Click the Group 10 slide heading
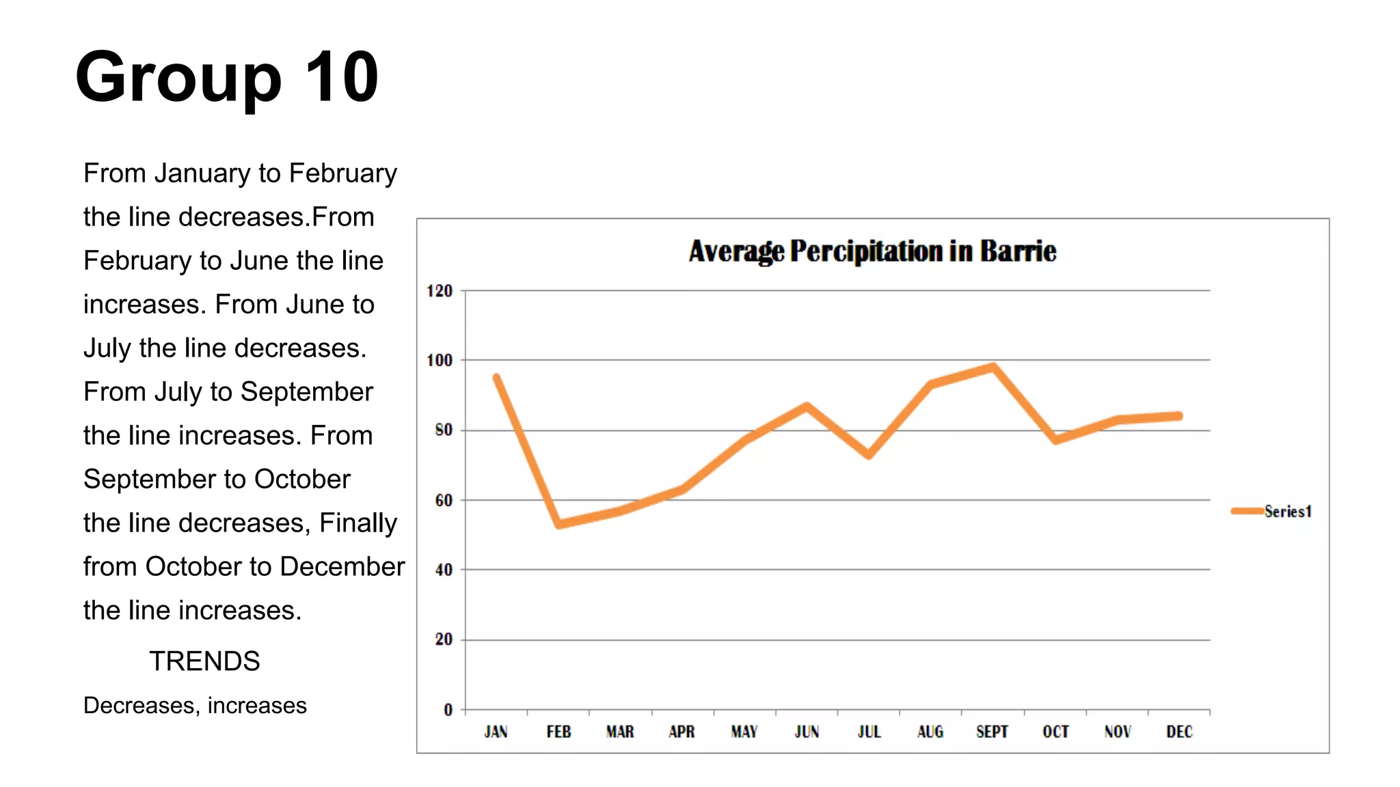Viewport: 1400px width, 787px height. click(x=227, y=77)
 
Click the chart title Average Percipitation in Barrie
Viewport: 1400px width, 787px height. click(x=872, y=251)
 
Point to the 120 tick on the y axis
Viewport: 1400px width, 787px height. click(x=440, y=291)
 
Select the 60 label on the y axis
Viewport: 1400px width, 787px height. click(x=444, y=501)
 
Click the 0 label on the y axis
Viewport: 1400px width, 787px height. click(x=448, y=710)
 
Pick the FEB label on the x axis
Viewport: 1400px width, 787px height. click(x=558, y=732)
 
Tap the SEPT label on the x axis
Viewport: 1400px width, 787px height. click(x=992, y=732)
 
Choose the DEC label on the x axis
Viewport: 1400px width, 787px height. click(x=1179, y=732)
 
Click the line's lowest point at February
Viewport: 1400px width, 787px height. click(x=559, y=524)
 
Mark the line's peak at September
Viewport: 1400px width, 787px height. click(x=993, y=368)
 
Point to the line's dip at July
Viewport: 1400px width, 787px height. click(x=869, y=455)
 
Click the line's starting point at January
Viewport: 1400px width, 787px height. click(x=496, y=377)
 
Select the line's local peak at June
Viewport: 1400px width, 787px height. click(x=807, y=406)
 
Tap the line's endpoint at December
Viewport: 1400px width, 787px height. click(x=1179, y=416)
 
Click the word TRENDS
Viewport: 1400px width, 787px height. click(x=204, y=661)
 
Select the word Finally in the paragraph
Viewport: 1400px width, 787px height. click(x=358, y=523)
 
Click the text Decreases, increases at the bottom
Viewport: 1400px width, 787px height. click(x=195, y=705)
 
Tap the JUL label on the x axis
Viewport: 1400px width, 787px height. click(x=869, y=732)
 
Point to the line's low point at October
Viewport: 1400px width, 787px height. click(x=1056, y=440)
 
